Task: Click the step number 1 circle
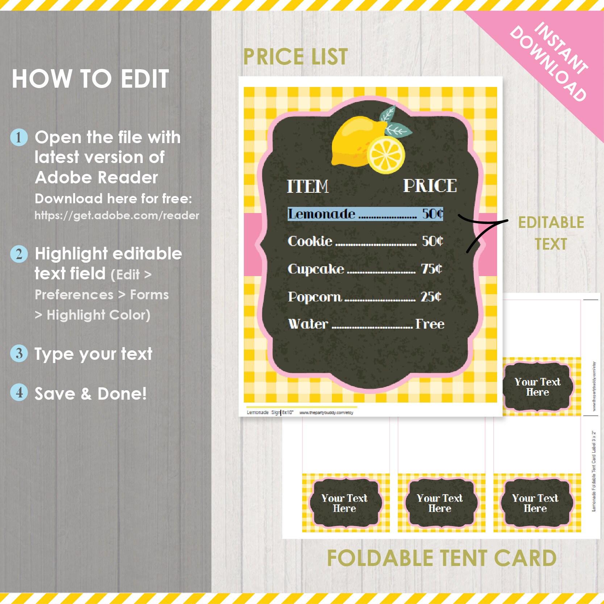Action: point(19,137)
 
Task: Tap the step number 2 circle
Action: point(19,254)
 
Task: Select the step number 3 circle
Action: point(19,353)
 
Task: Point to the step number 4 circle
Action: point(19,392)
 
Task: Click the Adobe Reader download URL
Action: point(117,216)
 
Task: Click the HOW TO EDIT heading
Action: point(91,79)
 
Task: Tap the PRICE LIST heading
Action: point(295,57)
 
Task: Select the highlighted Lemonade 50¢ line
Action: point(365,214)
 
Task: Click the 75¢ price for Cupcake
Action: point(432,268)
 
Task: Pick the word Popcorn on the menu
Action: point(315,297)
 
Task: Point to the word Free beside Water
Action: point(430,324)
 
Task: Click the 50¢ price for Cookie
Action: point(432,241)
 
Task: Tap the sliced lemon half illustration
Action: point(386,155)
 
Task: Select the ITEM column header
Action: point(308,186)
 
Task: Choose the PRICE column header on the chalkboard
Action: point(430,186)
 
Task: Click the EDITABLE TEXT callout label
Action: point(551,233)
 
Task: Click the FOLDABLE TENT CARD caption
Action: point(441,558)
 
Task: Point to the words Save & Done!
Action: point(91,393)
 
